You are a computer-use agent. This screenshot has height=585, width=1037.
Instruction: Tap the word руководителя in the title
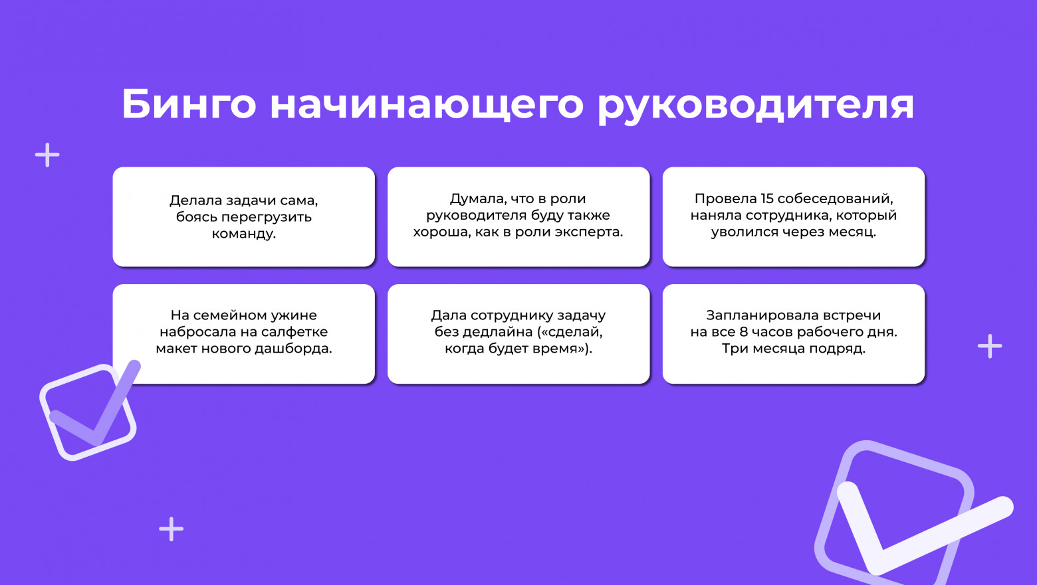[x=756, y=104]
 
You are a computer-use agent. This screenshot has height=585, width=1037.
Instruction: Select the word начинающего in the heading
[x=427, y=104]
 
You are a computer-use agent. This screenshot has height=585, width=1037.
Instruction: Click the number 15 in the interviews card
[x=766, y=199]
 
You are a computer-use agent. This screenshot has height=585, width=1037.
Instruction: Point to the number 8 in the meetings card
[x=743, y=332]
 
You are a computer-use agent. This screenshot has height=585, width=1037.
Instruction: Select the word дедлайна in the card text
[x=501, y=332]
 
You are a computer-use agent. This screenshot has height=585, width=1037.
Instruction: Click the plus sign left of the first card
[x=47, y=155]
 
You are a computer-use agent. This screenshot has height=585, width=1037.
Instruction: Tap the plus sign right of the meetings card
[x=990, y=346]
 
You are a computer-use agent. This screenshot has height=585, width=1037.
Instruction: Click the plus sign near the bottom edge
[x=172, y=529]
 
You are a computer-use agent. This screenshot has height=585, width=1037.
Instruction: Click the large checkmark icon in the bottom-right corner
[x=904, y=515]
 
